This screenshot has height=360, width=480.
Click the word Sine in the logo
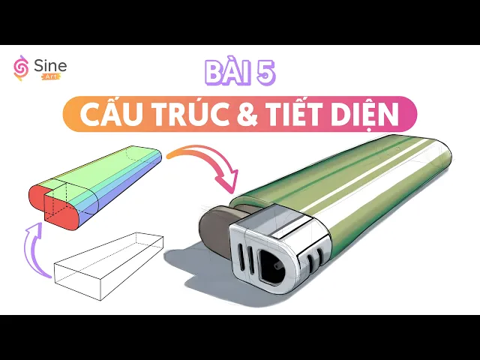[50, 66]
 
